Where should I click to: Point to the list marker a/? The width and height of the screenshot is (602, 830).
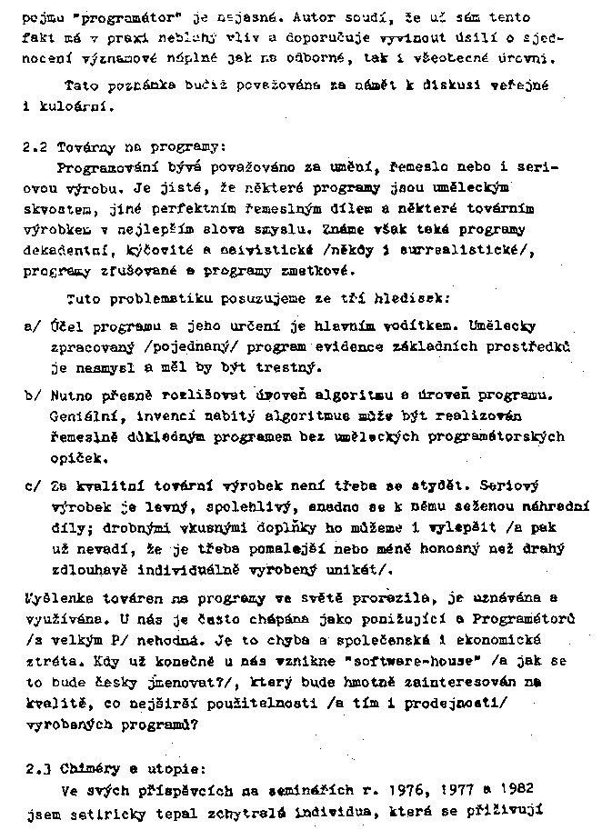coord(32,325)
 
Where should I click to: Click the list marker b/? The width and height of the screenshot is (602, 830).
coord(32,395)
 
